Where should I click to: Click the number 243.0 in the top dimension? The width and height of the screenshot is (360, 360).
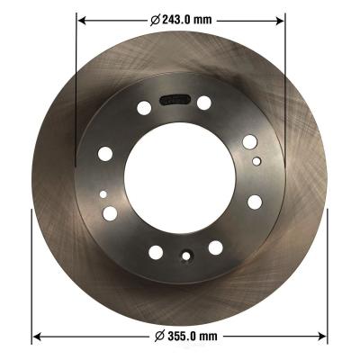point(176,20)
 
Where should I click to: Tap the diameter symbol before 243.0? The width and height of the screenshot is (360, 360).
point(155,20)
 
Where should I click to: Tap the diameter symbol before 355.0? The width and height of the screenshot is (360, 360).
point(160,336)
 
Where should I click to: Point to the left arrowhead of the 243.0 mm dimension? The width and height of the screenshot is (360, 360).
point(82,21)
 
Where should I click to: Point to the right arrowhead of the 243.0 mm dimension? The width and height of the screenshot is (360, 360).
point(280,21)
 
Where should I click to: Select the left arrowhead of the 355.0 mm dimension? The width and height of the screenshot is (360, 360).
point(37,337)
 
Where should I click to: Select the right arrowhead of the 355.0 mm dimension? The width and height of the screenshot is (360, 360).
point(322,337)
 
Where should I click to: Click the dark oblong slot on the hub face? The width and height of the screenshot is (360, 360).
point(175,100)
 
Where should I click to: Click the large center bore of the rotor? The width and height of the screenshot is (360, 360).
point(180,177)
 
